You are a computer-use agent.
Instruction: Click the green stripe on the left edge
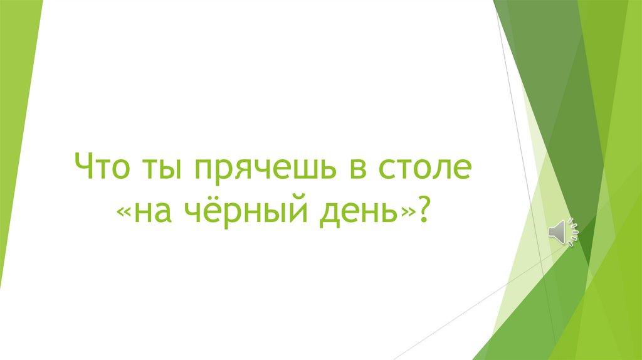point(16,157)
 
